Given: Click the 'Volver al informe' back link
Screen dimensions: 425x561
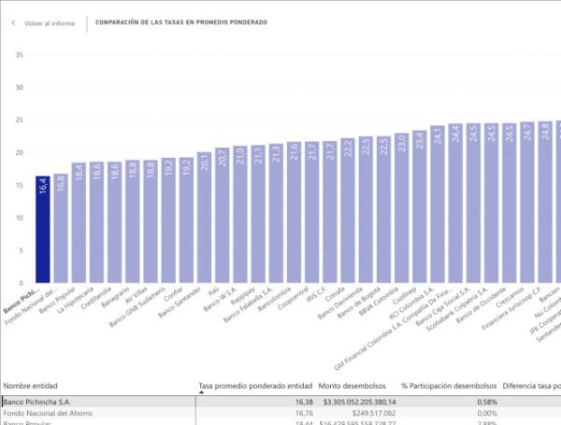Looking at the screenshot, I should pos(50,22).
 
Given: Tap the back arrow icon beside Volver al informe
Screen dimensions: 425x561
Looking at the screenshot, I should pos(13,22).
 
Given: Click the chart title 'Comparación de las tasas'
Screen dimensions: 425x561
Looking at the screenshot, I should pos(180,22).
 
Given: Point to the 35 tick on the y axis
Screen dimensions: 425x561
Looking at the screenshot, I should pos(19,54).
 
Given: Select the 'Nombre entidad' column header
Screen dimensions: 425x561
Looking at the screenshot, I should pos(31,385).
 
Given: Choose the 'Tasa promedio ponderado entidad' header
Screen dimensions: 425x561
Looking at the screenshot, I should pos(254,385).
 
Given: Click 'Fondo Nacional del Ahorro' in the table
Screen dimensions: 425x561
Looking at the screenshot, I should pos(47,413).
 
